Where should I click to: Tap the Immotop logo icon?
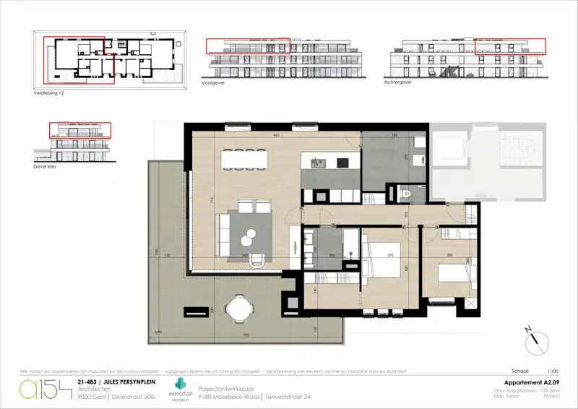[178, 384]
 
